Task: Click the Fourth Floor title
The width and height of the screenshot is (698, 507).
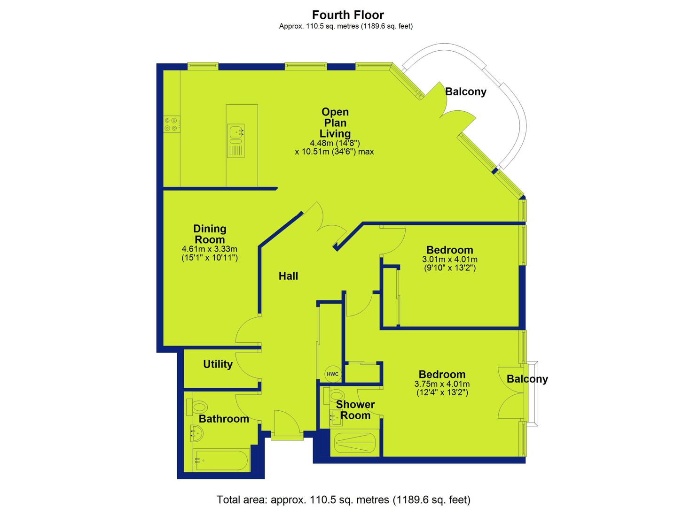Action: click(x=348, y=15)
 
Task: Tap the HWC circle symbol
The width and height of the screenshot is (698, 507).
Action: click(x=332, y=374)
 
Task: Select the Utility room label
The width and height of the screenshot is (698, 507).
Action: click(x=218, y=364)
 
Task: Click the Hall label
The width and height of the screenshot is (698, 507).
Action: click(x=288, y=276)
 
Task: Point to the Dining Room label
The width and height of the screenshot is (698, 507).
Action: click(x=210, y=234)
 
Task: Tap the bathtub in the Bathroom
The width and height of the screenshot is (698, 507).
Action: click(x=220, y=461)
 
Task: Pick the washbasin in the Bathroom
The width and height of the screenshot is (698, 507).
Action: click(x=196, y=433)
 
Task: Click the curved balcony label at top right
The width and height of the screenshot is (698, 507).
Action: click(x=465, y=92)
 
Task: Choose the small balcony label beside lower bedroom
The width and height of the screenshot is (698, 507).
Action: click(x=527, y=379)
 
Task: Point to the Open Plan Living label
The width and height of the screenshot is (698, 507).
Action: click(x=335, y=123)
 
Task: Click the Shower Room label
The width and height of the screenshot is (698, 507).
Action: click(x=355, y=410)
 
